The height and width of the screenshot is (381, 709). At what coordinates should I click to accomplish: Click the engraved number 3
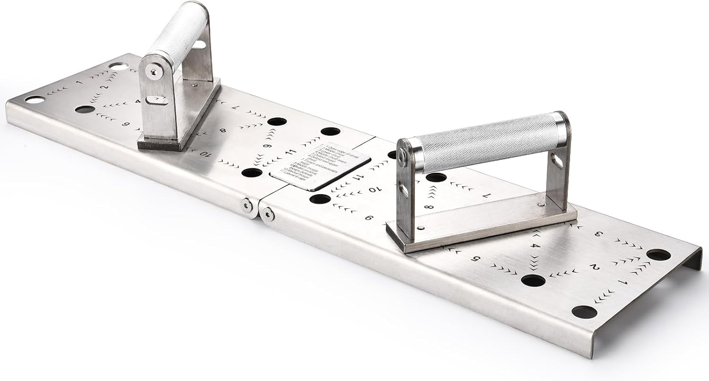click(598, 233)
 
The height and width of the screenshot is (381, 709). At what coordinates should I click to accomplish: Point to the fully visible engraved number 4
click(535, 246)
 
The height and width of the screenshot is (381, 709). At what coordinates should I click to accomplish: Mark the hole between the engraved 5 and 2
click(533, 280)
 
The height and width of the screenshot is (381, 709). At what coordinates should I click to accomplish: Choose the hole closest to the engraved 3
click(658, 255)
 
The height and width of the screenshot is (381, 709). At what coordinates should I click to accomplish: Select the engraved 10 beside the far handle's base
click(204, 153)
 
